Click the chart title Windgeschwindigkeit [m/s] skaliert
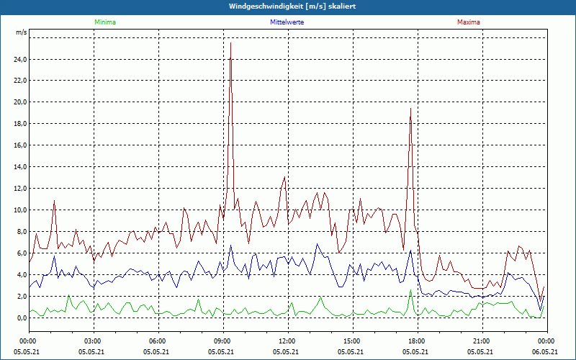coord(288,6)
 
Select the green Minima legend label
coord(104,22)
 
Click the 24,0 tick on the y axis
coord(20,59)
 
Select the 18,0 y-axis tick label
coord(20,124)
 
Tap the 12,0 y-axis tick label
coord(20,189)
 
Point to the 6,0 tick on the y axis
coord(22,253)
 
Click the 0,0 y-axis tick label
coord(22,318)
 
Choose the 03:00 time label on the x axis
coord(93,341)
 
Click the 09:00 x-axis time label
coord(222,341)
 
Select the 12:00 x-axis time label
coord(287,341)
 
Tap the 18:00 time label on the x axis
coord(417,341)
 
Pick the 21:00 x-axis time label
coord(482,341)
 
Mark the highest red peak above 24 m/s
coord(230,43)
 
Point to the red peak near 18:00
coord(410,109)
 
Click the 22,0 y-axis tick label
coord(20,81)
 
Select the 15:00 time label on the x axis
coord(352,341)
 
